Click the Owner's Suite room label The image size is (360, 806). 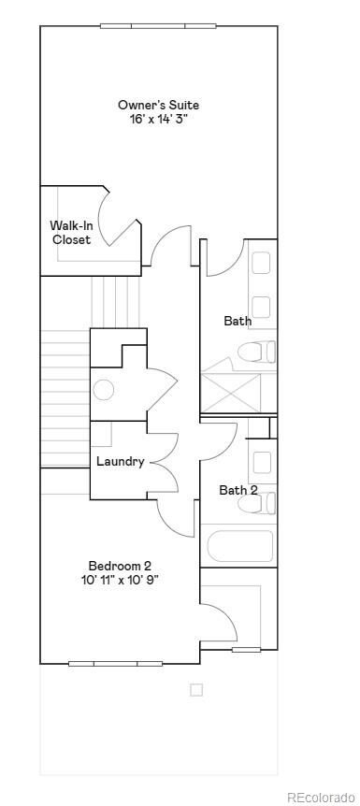click(158, 105)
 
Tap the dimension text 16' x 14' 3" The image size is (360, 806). click(158, 119)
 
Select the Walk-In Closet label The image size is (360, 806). click(71, 232)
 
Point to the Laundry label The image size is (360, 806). click(121, 461)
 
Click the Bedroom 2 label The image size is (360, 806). click(120, 565)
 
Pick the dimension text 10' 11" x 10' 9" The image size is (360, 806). click(120, 579)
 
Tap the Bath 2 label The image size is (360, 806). click(238, 490)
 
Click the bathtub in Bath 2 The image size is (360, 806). click(239, 546)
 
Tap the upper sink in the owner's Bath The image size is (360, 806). click(261, 263)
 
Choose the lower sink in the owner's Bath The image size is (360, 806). click(261, 307)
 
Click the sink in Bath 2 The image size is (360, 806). click(262, 462)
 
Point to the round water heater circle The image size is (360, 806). click(104, 390)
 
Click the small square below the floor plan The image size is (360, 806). click(196, 690)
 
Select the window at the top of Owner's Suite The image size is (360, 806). click(158, 25)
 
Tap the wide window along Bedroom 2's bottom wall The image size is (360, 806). click(115, 664)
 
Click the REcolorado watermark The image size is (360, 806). click(320, 797)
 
